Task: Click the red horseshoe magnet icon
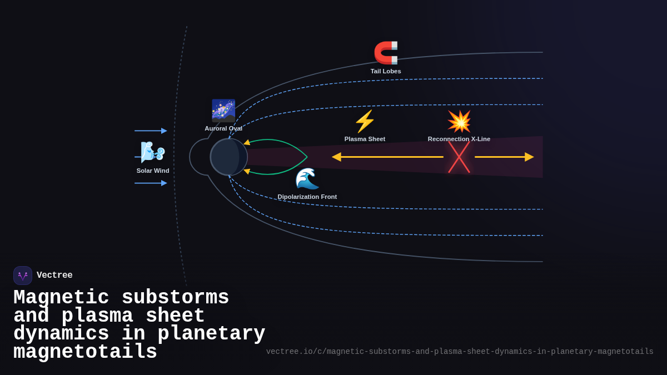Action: point(386,53)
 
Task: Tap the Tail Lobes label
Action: point(386,71)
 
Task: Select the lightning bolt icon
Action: point(365,121)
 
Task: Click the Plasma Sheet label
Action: point(365,139)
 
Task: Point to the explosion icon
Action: point(459,121)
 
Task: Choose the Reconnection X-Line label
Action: point(459,139)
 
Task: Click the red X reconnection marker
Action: point(459,157)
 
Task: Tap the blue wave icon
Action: point(307,178)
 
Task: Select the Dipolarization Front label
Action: point(307,197)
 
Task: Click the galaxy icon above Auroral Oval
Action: point(223,111)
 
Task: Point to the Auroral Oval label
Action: point(223,128)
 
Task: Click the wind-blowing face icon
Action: point(152,152)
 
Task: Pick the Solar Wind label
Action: point(153,171)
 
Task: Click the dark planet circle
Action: point(228,157)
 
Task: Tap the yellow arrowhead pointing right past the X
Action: point(529,157)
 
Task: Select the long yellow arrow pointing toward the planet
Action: point(389,157)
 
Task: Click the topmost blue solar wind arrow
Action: point(151,131)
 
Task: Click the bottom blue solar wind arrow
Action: point(151,183)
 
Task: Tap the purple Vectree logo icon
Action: point(23,276)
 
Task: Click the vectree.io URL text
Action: point(460,352)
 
